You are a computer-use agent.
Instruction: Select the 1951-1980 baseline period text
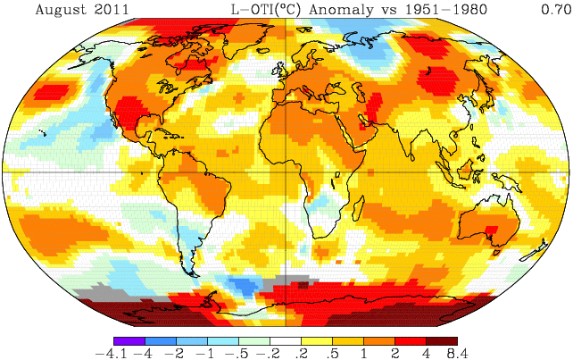pyautogui.click(x=438, y=10)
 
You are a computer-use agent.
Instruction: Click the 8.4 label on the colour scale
pyautogui.click(x=457, y=354)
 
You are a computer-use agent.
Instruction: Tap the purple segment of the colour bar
pyautogui.click(x=129, y=340)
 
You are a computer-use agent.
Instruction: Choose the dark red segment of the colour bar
pyautogui.click(x=441, y=340)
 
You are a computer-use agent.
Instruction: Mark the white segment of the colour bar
pyautogui.click(x=286, y=340)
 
